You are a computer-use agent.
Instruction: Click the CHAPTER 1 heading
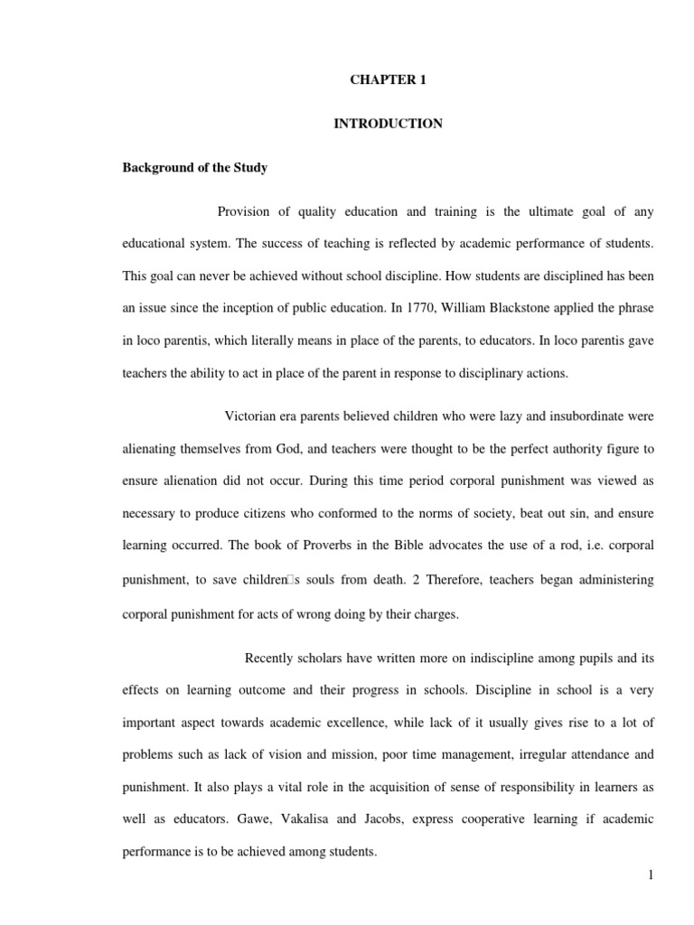[x=388, y=79]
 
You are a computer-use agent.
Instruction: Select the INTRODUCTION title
[x=388, y=124]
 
